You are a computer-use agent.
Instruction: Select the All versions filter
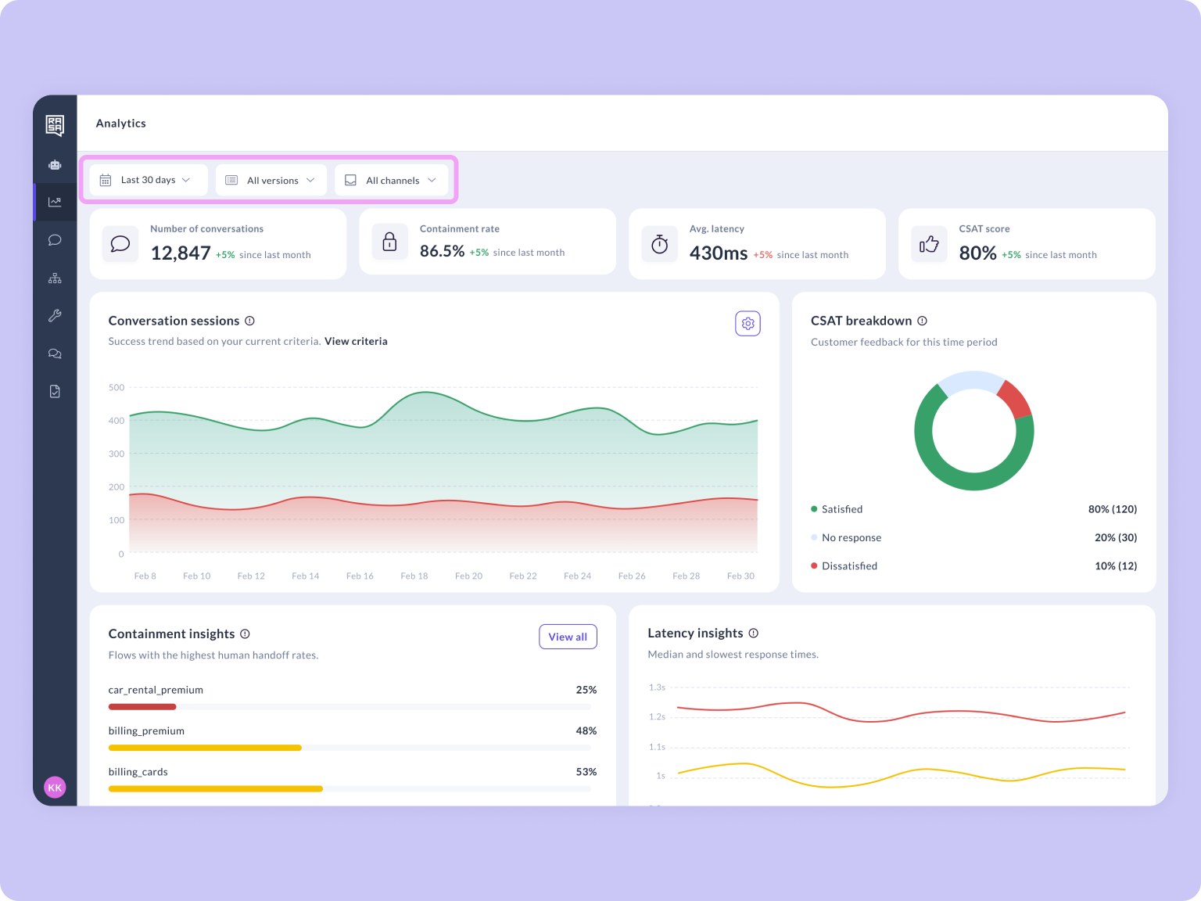coord(271,181)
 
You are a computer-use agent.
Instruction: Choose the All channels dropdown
coord(391,181)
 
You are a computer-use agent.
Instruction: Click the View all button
coord(568,637)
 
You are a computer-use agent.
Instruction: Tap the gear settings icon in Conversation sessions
coord(747,324)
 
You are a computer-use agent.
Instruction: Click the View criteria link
coord(356,341)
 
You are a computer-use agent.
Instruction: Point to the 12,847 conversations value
coord(181,253)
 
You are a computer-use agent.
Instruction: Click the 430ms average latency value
coord(718,253)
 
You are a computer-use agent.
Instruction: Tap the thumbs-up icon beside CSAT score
coord(929,245)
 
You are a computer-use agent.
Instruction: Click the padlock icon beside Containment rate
coord(389,242)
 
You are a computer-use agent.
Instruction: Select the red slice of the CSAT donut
coord(1015,399)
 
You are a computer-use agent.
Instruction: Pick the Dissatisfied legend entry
coord(848,566)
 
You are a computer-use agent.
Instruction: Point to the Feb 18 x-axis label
coord(414,576)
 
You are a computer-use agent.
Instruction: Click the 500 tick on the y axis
coord(117,388)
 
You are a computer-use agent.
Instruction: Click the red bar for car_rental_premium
coord(142,707)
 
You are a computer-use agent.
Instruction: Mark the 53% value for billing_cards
coord(586,772)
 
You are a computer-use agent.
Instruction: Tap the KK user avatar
coord(55,788)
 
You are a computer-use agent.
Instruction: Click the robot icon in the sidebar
coord(55,165)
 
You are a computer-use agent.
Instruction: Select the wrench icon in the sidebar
coord(55,316)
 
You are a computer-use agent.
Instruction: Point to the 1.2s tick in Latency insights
coord(657,717)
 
